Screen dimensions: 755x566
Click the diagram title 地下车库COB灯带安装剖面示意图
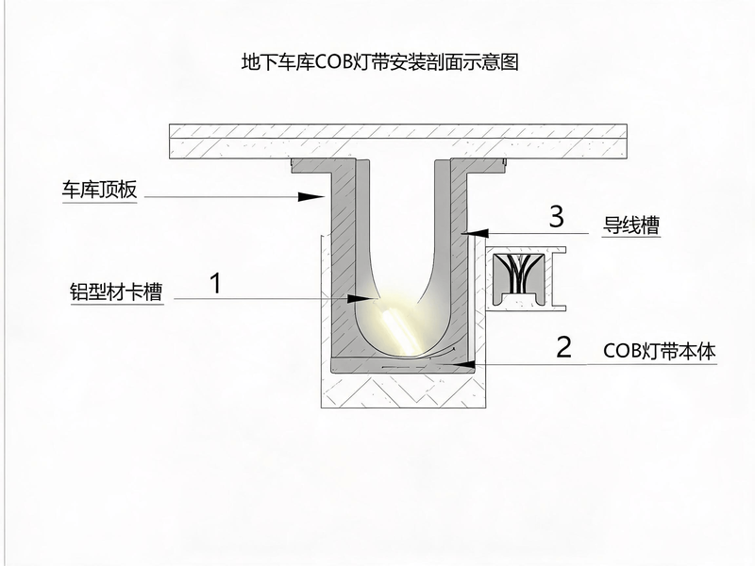[x=379, y=62]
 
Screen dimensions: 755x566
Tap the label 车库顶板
[x=100, y=190]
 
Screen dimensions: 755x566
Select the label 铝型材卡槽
[x=116, y=291]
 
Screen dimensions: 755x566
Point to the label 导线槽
[x=631, y=225]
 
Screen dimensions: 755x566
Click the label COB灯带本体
[x=659, y=351]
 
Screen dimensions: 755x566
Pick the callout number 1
[x=216, y=283]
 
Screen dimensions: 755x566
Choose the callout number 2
[x=563, y=346]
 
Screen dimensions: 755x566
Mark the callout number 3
[x=557, y=217]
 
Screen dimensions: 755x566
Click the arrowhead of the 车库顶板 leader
[x=311, y=196]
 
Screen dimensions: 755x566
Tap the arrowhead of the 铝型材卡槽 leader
[x=361, y=299]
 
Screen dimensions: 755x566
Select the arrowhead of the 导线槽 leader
[x=475, y=233]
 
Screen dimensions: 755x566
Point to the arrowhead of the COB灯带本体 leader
[x=461, y=364]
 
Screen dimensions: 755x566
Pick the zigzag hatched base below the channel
[x=403, y=391]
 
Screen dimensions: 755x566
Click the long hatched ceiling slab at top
[x=398, y=141]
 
